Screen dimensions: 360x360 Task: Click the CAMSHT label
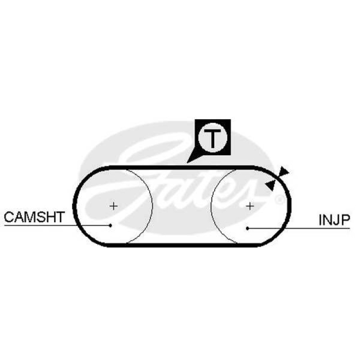click(34, 217)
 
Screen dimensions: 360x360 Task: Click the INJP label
click(334, 220)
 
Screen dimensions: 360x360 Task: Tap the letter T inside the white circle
click(212, 139)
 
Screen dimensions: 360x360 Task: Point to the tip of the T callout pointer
click(187, 163)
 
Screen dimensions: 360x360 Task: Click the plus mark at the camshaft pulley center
click(113, 206)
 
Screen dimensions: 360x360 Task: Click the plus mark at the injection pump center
click(250, 206)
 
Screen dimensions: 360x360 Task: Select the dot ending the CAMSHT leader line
click(110, 226)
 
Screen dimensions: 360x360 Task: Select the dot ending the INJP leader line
click(247, 229)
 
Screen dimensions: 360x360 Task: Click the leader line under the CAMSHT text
click(57, 225)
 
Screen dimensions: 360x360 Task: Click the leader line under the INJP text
click(299, 229)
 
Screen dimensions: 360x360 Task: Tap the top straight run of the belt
click(181, 167)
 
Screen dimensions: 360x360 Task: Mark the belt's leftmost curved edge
click(75, 206)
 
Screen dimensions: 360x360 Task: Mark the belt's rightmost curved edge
click(289, 206)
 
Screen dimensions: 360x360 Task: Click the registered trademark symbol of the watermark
click(279, 199)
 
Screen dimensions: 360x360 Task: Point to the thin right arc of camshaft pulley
click(152, 206)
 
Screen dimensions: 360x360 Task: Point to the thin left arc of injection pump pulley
click(211, 206)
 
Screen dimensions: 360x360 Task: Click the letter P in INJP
click(346, 220)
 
